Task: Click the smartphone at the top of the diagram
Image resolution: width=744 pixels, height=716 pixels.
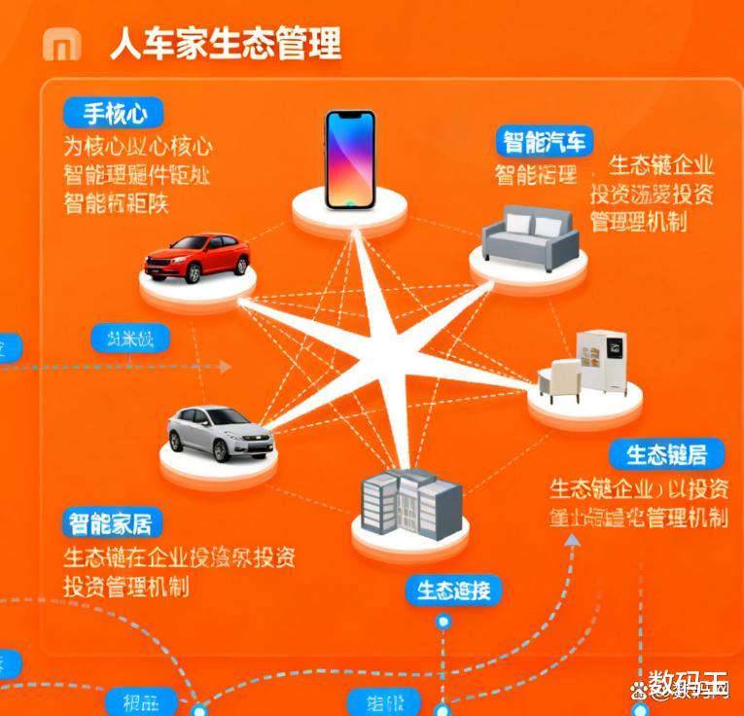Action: click(x=350, y=160)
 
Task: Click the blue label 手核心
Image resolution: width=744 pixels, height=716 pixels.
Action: click(x=114, y=113)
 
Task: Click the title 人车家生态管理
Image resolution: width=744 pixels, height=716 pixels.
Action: click(x=225, y=44)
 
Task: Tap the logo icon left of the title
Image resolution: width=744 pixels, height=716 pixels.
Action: click(x=62, y=44)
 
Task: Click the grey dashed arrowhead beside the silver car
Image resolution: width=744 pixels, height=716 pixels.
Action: click(x=226, y=366)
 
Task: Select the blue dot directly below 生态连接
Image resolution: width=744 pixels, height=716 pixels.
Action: click(x=444, y=621)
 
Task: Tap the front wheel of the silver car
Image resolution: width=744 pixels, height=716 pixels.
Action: click(x=220, y=451)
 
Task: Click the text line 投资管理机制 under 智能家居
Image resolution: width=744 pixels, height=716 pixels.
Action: click(x=126, y=587)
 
